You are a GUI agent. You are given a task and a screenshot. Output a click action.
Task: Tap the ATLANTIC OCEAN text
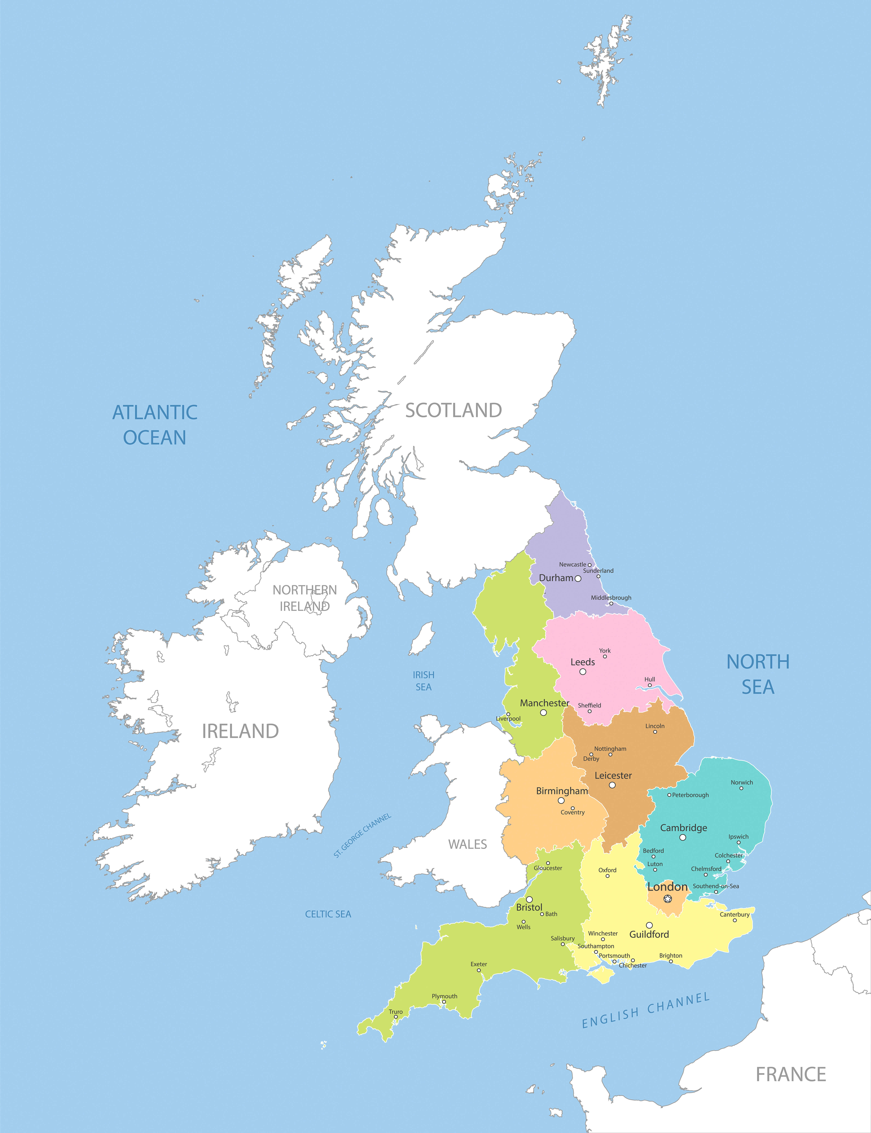pyautogui.click(x=155, y=425)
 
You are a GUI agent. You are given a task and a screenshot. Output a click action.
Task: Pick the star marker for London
pyautogui.click(x=668, y=899)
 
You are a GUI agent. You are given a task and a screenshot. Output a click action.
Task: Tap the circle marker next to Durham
pyautogui.click(x=578, y=579)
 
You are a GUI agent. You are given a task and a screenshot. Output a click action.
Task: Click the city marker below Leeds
pyautogui.click(x=583, y=672)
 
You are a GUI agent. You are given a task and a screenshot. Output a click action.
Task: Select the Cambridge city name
pyautogui.click(x=683, y=828)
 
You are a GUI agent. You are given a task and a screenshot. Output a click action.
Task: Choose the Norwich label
pyautogui.click(x=741, y=782)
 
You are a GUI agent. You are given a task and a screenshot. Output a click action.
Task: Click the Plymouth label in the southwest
pyautogui.click(x=444, y=996)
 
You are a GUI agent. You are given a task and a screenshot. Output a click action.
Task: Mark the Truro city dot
pyautogui.click(x=396, y=1017)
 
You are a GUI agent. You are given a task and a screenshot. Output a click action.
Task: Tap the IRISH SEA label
pyautogui.click(x=424, y=681)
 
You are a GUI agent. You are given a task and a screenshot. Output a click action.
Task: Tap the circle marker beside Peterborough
pyautogui.click(x=669, y=795)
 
